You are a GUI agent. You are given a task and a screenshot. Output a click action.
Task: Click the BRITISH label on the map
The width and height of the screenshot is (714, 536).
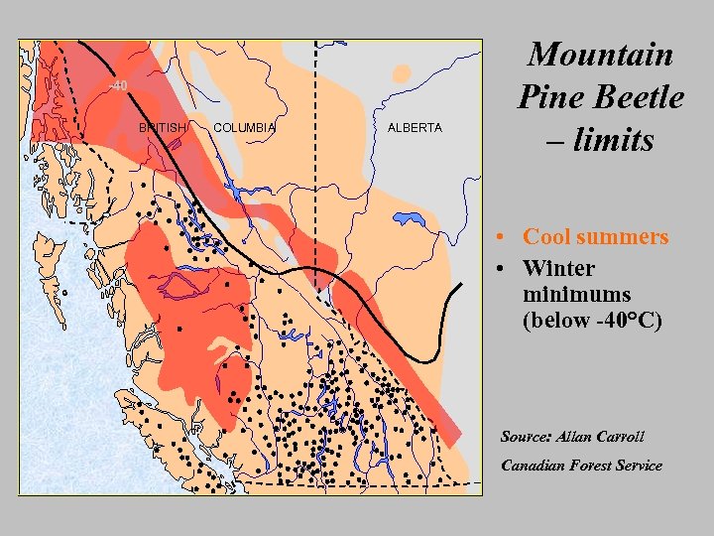tap(162, 128)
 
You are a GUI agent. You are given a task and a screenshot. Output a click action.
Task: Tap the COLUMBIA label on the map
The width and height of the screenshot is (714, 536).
tap(244, 128)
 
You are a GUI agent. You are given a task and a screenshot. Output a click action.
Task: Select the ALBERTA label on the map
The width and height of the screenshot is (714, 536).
tap(415, 128)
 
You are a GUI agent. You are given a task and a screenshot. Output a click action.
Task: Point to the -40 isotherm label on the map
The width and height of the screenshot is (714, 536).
tap(118, 86)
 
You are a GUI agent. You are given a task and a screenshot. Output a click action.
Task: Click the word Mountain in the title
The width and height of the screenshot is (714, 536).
tap(600, 54)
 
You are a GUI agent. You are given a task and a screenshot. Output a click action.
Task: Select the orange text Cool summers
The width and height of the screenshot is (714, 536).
tap(595, 237)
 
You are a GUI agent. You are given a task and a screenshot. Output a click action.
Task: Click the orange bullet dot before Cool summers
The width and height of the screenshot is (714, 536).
tap(504, 238)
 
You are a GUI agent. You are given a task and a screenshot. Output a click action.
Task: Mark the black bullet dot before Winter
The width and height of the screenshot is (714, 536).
tap(504, 269)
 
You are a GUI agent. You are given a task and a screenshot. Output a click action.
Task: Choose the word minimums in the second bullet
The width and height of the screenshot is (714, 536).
tap(576, 295)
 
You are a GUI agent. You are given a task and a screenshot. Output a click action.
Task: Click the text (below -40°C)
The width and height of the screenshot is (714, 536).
tap(592, 321)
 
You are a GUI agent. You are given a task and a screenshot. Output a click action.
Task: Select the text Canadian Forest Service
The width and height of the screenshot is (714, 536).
tap(581, 466)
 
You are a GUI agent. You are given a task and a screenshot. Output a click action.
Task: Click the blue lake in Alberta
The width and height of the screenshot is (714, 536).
tap(409, 219)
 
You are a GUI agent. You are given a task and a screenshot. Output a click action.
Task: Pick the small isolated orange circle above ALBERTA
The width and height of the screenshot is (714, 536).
tap(402, 73)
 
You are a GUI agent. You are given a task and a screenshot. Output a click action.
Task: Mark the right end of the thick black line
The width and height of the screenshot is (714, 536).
tap(462, 285)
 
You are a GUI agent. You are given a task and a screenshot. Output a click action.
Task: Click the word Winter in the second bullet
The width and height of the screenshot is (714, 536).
tap(558, 269)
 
